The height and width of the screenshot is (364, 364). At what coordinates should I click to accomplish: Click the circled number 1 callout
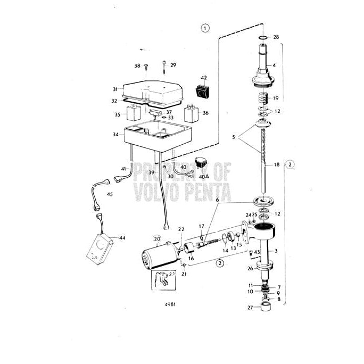[x=205, y=28]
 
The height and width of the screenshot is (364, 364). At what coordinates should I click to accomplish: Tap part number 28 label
[x=276, y=37]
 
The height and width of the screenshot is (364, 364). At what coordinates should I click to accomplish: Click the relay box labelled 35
[x=133, y=113]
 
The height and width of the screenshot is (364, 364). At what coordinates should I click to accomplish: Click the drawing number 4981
[x=170, y=305]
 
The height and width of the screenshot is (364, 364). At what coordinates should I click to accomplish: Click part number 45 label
[x=110, y=194]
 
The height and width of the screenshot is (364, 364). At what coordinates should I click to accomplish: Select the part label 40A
[x=204, y=176]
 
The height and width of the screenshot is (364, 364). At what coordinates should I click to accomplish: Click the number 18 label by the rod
[x=275, y=165]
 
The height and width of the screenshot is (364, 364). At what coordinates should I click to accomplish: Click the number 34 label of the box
[x=115, y=134]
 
